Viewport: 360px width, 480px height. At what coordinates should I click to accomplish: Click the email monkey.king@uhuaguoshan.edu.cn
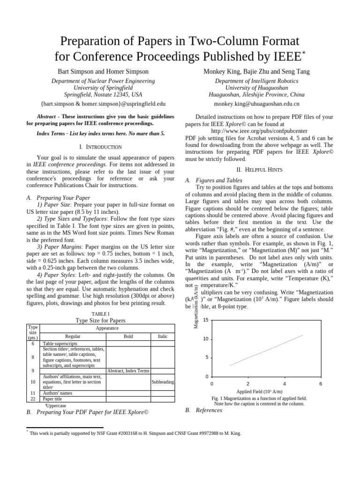256,104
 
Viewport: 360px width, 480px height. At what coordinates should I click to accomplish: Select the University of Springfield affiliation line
103,88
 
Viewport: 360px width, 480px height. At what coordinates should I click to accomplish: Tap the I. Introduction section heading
101,147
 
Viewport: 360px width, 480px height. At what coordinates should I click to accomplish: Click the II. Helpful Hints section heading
259,169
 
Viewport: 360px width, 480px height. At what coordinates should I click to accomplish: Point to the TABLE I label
101,313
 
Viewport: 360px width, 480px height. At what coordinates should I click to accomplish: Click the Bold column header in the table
128,337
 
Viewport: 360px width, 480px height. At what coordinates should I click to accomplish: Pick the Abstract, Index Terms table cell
128,371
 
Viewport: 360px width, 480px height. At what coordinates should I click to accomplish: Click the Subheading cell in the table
162,382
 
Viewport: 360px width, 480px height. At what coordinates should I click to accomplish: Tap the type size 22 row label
33,399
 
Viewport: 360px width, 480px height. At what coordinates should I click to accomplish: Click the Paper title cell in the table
52,399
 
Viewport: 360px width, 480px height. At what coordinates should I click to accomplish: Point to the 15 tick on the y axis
205,320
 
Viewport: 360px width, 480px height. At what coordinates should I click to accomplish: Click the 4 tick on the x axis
285,384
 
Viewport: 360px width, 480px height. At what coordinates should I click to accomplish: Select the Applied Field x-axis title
259,391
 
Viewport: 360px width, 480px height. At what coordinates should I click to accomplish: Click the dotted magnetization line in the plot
266,350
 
